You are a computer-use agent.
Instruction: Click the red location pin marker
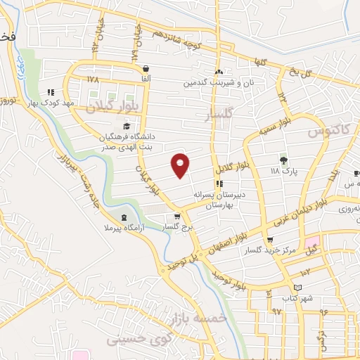[181, 165]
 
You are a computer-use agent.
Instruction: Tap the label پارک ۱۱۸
[285, 170]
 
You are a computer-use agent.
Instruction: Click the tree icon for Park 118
[284, 160]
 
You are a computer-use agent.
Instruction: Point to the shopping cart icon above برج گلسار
[177, 217]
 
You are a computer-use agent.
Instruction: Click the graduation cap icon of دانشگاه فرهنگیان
[126, 126]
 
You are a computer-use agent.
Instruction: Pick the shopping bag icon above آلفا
[146, 69]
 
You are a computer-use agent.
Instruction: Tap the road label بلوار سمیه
[273, 127]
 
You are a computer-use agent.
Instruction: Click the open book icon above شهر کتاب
[297, 288]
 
